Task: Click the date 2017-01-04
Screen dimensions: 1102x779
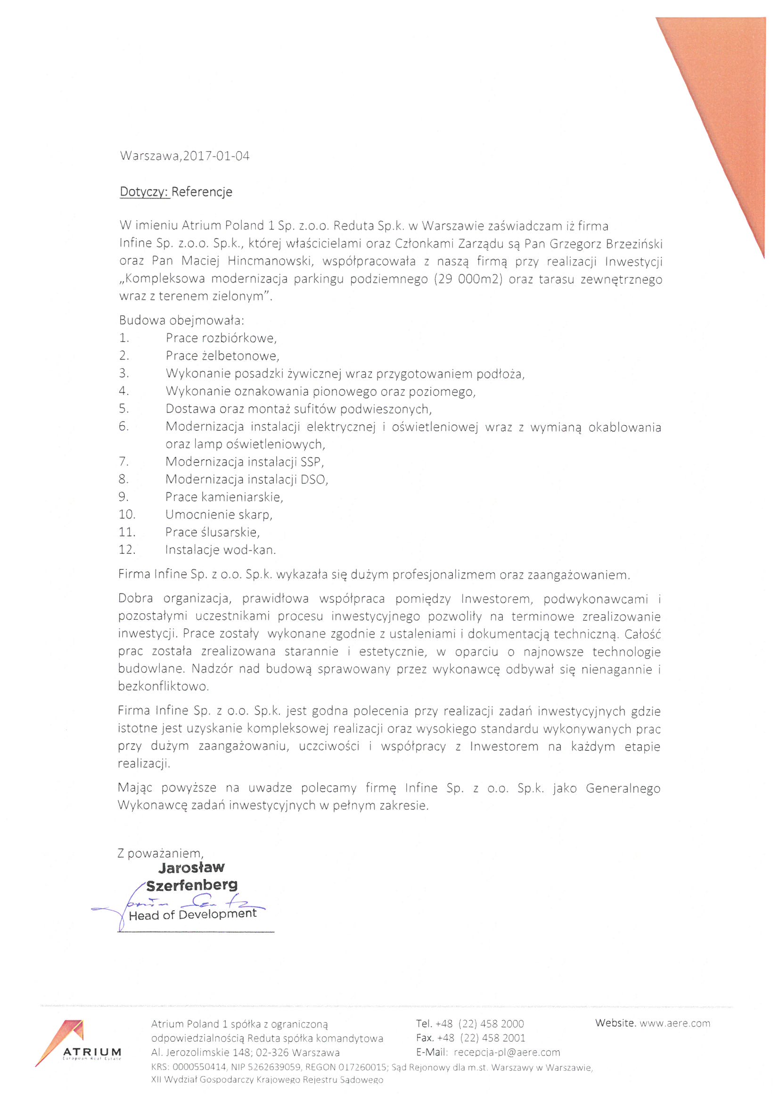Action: [216, 156]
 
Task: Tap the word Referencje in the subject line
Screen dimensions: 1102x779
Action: [202, 192]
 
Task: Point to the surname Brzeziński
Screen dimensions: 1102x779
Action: [633, 244]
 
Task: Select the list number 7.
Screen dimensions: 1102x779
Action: [123, 462]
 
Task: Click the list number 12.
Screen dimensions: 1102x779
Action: [127, 550]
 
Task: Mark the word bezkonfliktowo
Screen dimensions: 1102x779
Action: [163, 686]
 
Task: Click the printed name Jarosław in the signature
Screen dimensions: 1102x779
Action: [191, 867]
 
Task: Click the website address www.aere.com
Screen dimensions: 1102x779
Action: [674, 1023]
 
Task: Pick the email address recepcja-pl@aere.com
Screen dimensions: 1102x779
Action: [507, 1052]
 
